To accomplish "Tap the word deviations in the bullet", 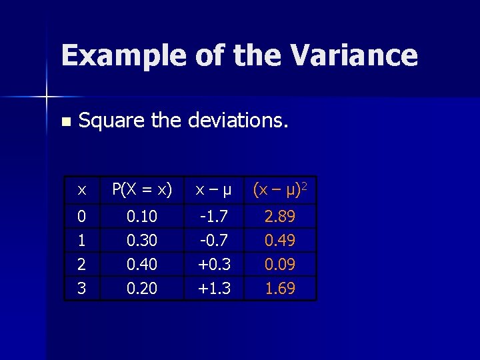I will click(238, 120).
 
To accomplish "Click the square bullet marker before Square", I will click(65, 122).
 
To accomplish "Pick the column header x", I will click(81, 190).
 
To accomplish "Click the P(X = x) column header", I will click(141, 190).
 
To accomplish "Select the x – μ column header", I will click(213, 190).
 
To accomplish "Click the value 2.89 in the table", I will click(280, 216).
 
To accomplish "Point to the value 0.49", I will click(280, 240).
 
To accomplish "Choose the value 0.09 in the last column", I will click(280, 264).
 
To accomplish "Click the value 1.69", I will click(280, 288).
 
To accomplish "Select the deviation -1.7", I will click(213, 216).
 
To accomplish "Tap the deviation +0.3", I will click(213, 264).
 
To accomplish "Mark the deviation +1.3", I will click(213, 288).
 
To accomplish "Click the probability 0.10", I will click(141, 216).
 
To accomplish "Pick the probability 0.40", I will click(141, 264).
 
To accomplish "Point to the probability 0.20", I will click(141, 288).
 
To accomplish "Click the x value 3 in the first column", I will click(81, 288).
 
